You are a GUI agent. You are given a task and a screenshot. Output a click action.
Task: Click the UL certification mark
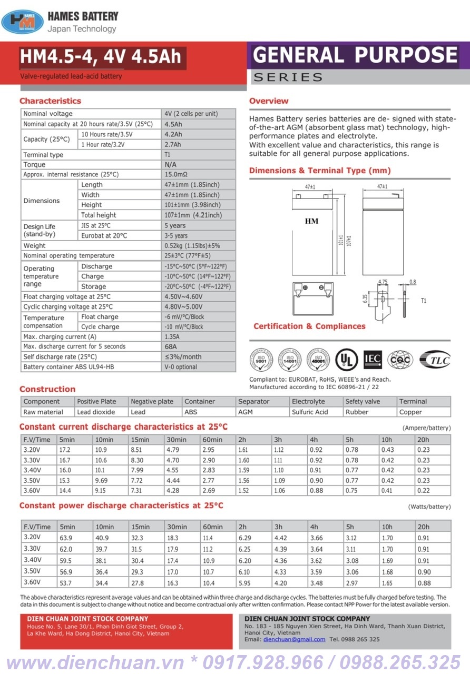346,359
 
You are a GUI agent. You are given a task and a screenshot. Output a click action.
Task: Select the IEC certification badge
373,359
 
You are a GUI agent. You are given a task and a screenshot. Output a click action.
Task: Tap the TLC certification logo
435,359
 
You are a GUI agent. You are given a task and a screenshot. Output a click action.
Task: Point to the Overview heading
269,101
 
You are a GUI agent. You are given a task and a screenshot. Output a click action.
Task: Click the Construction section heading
47,389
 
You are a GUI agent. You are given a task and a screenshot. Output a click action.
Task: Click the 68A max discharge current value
171,346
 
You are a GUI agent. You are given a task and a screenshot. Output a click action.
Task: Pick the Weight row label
34,246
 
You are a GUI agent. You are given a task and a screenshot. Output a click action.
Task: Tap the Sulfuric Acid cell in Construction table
310,412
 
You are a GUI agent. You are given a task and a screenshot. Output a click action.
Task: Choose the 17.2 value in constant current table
65,450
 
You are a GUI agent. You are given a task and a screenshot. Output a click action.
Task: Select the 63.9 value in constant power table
66,538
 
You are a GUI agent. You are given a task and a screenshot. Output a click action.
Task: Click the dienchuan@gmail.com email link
294,639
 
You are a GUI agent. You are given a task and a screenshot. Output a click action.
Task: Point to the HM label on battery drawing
312,221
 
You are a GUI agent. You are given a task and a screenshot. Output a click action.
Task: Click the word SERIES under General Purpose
288,77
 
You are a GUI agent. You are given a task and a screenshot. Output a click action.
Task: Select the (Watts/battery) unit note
429,507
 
